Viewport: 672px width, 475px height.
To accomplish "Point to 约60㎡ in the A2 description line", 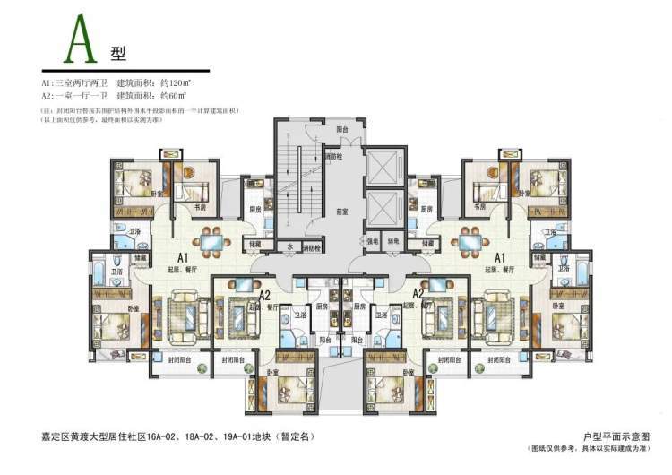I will click(173, 94).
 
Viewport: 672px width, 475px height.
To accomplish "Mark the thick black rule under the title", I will click(125, 70).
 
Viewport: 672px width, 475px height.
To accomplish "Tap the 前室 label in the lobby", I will click(341, 212).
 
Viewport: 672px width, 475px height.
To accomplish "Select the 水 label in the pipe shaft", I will click(290, 246).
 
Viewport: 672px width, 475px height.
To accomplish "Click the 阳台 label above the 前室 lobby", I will click(341, 130).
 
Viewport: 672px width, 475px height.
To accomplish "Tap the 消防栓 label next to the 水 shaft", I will click(312, 246).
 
